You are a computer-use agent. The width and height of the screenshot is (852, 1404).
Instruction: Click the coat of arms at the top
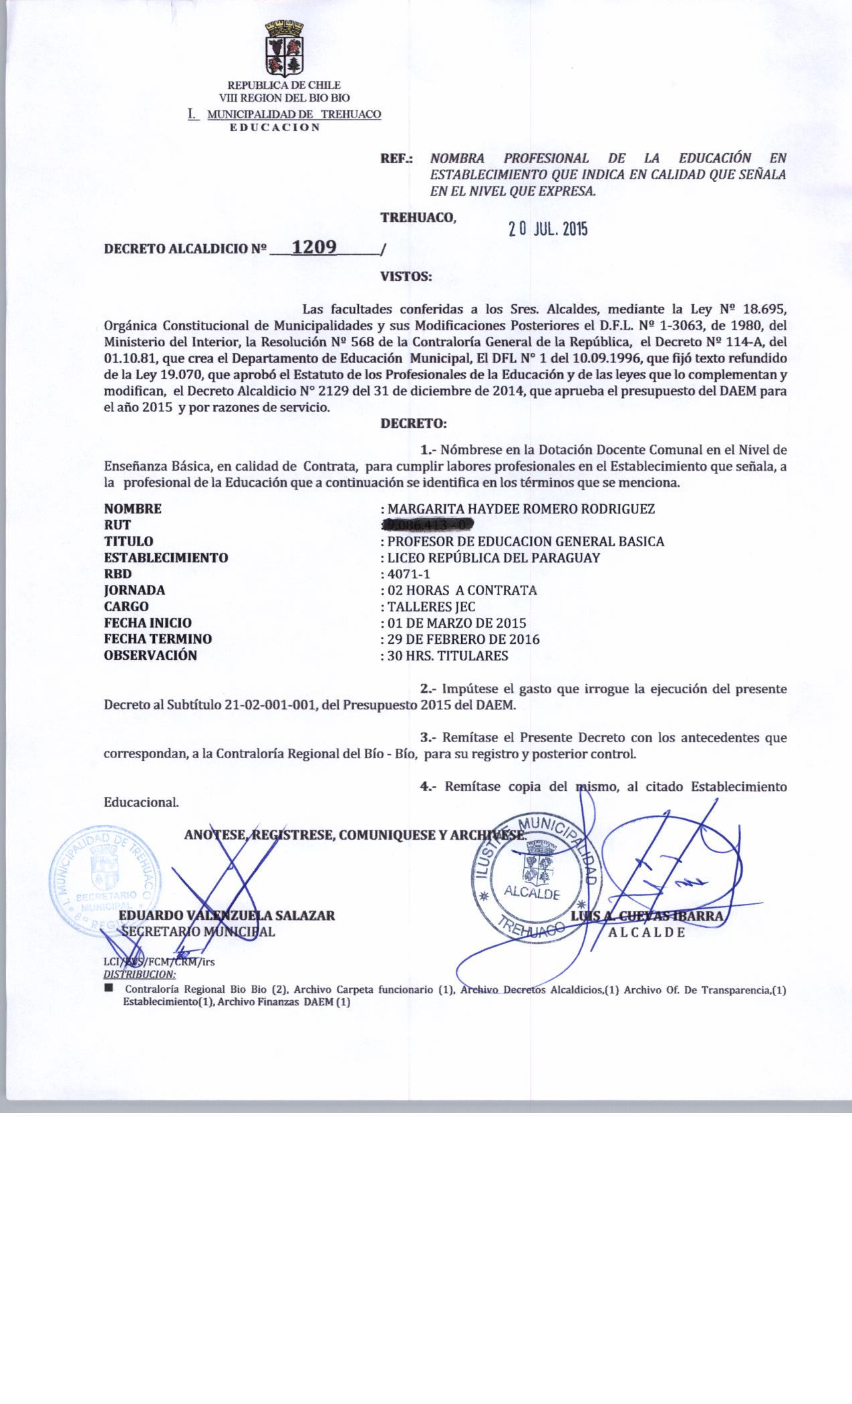click(285, 49)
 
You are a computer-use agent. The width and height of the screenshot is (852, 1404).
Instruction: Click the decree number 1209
click(314, 247)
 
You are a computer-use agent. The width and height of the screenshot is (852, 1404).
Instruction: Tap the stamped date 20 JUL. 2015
click(547, 229)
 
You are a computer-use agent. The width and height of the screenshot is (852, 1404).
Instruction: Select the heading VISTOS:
click(406, 275)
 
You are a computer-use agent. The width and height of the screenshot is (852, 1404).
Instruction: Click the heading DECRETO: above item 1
click(412, 423)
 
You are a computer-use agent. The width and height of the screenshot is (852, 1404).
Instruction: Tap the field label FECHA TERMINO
click(158, 639)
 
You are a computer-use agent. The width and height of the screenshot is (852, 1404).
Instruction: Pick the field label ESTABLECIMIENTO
click(166, 558)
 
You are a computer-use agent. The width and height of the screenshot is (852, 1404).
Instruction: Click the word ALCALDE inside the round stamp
click(532, 892)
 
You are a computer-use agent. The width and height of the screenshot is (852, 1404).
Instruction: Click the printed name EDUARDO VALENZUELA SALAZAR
click(227, 915)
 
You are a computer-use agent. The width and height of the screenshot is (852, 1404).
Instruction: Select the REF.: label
click(396, 159)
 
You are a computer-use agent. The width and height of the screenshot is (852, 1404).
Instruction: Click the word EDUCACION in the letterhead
click(275, 127)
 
